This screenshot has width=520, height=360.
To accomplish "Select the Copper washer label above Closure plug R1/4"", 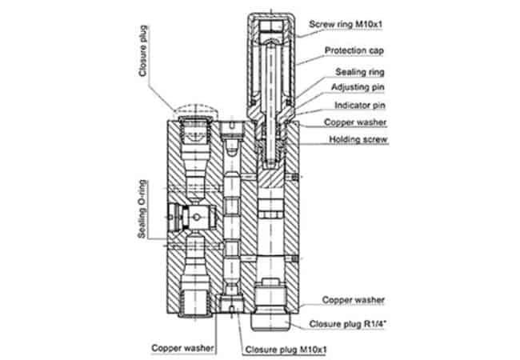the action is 353,300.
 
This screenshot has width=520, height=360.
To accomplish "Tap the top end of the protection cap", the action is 273,18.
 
